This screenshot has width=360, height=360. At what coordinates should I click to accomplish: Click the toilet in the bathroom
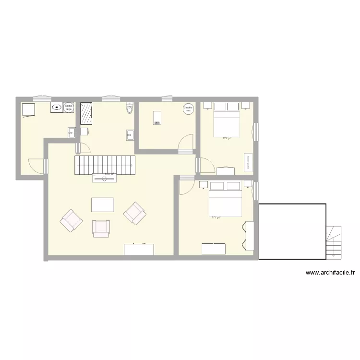coord(128,108)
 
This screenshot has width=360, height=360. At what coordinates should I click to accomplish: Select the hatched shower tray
coord(86,113)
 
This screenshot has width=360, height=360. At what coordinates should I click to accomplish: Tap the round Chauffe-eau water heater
coord(188,109)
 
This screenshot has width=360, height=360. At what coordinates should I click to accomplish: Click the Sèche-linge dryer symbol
coord(68,108)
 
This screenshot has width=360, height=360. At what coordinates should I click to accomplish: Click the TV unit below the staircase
coord(104,178)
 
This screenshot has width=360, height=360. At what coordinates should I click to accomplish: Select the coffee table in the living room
coord(103,204)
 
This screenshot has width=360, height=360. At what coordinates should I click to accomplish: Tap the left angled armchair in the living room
coord(72,221)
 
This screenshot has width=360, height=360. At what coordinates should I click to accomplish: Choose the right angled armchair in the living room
coord(135,213)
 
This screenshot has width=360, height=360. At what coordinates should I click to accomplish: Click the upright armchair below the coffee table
coord(101,228)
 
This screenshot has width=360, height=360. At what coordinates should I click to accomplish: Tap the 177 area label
coord(216,217)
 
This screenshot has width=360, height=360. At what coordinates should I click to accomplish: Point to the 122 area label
coord(227,138)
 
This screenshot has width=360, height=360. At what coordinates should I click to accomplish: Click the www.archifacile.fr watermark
coord(330,273)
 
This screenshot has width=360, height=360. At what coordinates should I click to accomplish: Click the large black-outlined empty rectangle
coord(292,231)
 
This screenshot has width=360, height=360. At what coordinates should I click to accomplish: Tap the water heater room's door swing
coord(184,143)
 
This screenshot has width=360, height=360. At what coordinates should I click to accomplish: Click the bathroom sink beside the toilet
coord(130,135)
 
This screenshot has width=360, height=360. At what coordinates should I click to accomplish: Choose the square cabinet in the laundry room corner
coord(28,109)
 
